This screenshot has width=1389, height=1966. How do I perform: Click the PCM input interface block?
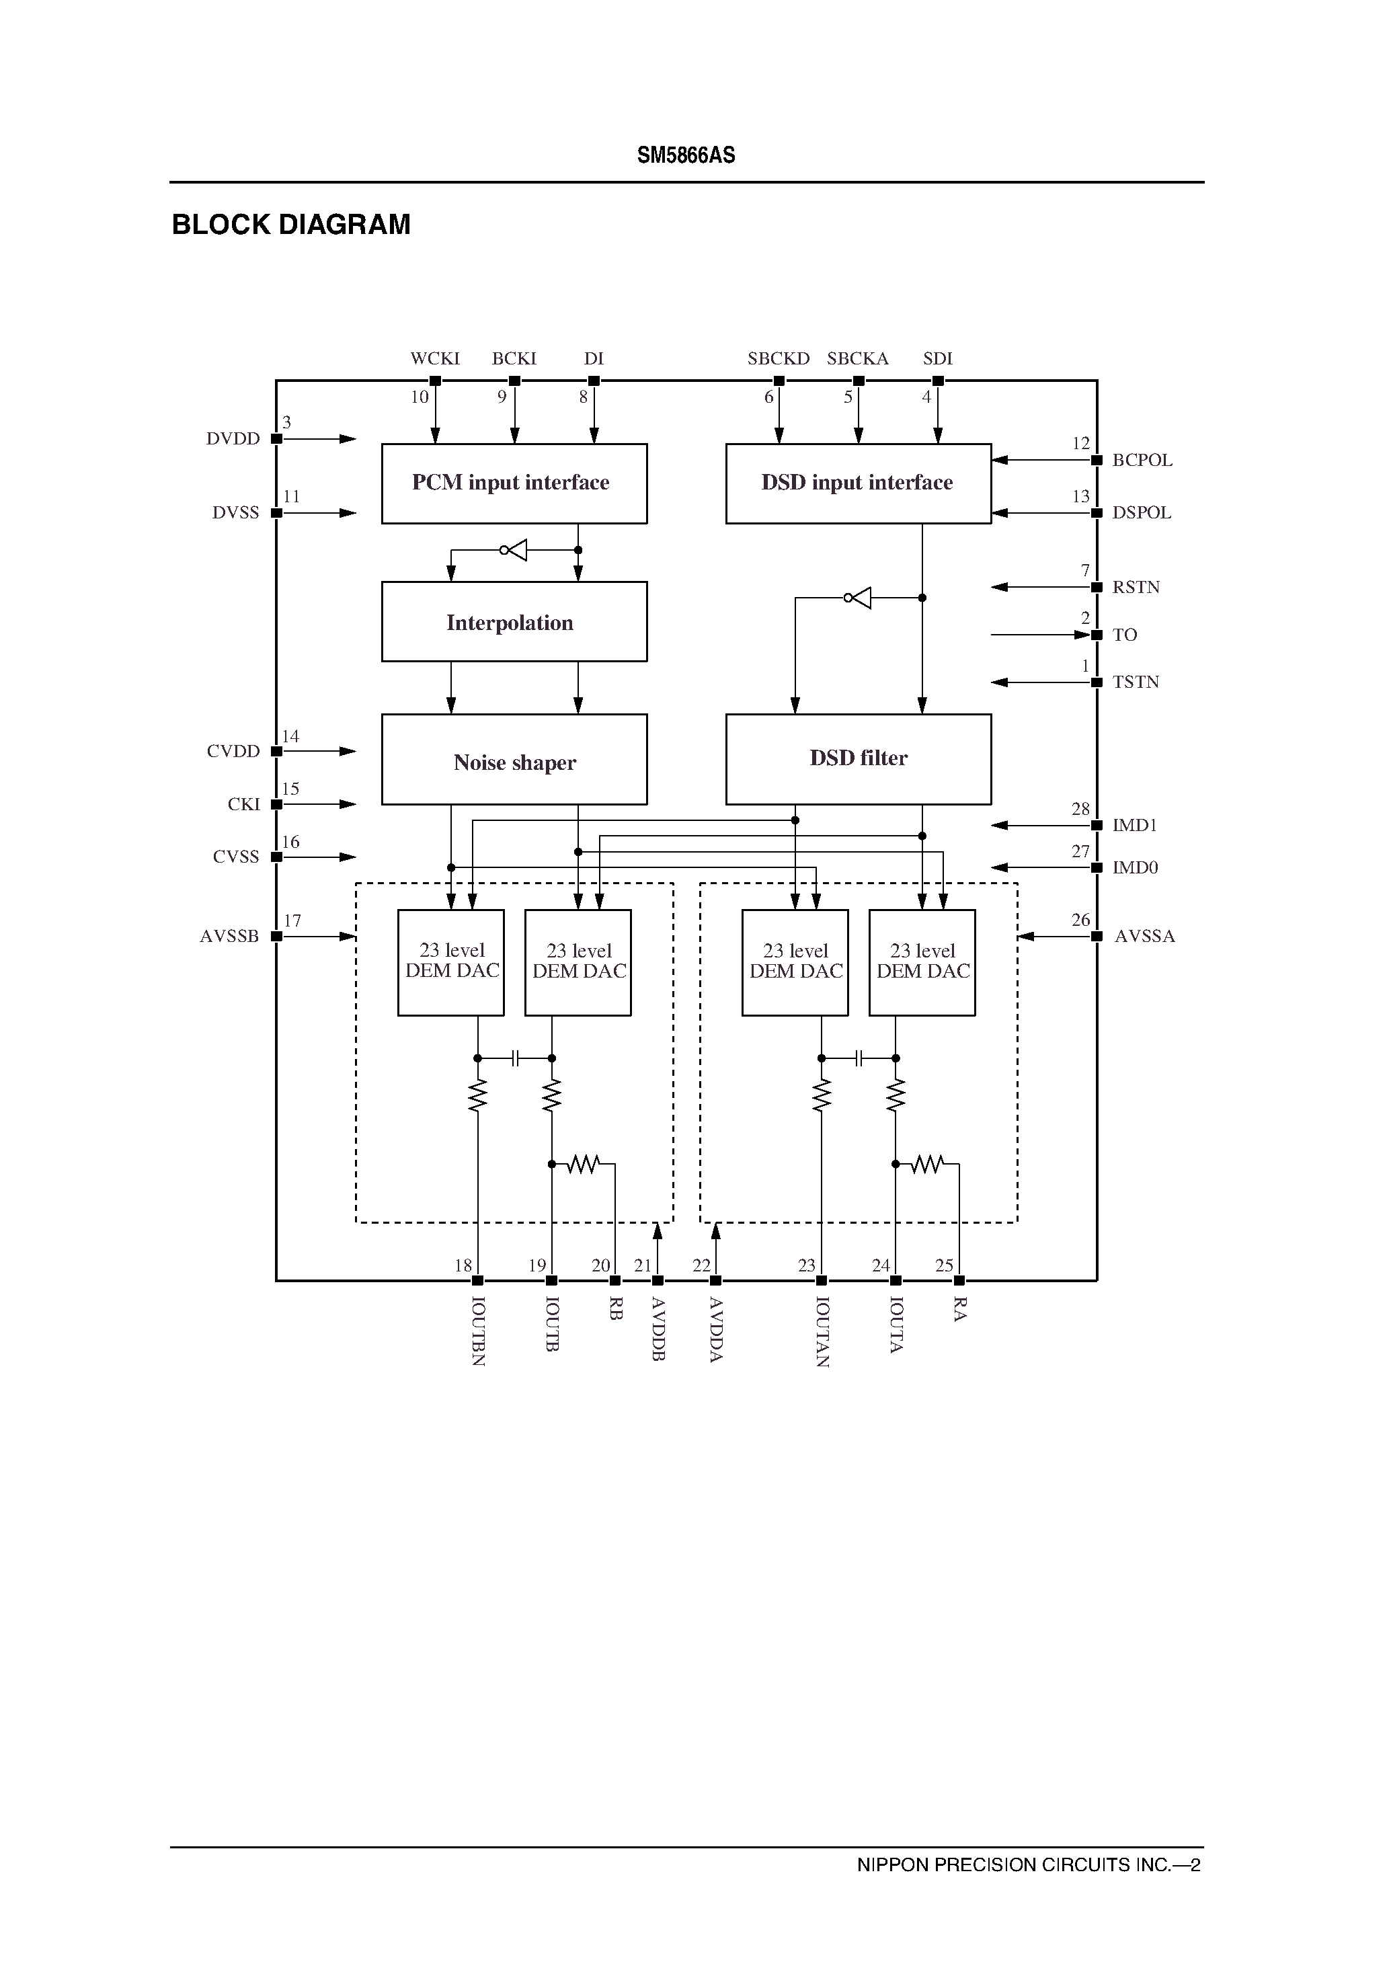(x=514, y=483)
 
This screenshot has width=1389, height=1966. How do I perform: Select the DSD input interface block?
(x=858, y=483)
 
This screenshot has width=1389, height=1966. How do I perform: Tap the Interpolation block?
(x=514, y=622)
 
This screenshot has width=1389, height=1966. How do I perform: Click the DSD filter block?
(x=858, y=758)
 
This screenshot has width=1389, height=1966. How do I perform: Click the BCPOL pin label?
(x=1142, y=461)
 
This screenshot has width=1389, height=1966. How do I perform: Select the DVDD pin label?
(x=233, y=439)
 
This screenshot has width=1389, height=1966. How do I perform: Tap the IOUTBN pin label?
(x=479, y=1331)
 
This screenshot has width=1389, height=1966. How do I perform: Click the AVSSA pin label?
(x=1145, y=937)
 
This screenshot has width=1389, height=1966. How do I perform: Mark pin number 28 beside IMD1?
(x=1080, y=809)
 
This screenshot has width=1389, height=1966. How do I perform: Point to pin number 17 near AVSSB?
(x=292, y=921)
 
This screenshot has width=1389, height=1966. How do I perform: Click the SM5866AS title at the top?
(x=686, y=155)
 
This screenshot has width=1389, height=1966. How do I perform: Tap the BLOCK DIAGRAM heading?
(x=291, y=225)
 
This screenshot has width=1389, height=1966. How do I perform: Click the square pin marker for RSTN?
(x=1096, y=588)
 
